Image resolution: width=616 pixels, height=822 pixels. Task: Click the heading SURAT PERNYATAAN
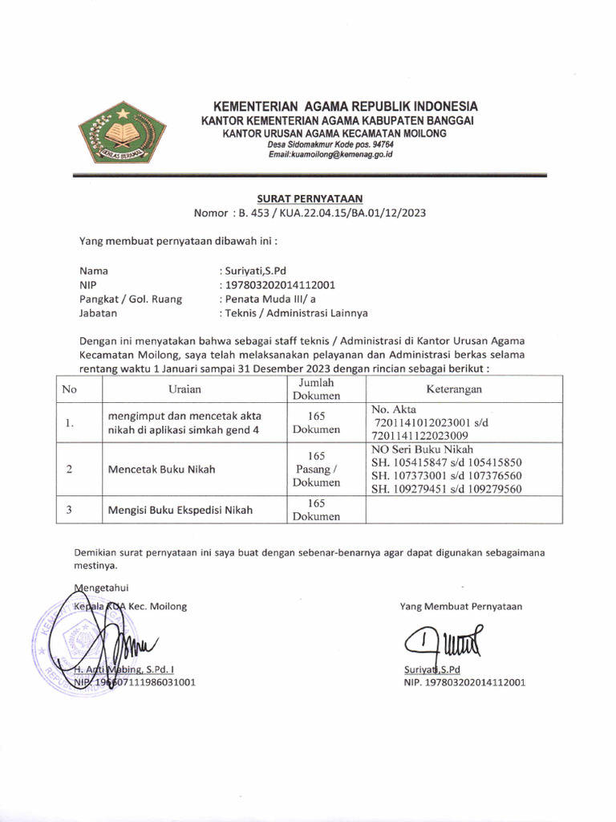[310, 197]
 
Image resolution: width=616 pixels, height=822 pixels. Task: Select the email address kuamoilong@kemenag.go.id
[330, 153]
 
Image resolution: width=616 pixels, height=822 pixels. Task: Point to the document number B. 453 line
[310, 213]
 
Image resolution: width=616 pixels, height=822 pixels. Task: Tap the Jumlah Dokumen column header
[315, 389]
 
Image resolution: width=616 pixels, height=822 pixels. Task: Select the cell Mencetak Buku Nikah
[161, 470]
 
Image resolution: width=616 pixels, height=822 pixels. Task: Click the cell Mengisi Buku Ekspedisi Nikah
[180, 510]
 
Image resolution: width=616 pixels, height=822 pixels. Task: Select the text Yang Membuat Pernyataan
[460, 606]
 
